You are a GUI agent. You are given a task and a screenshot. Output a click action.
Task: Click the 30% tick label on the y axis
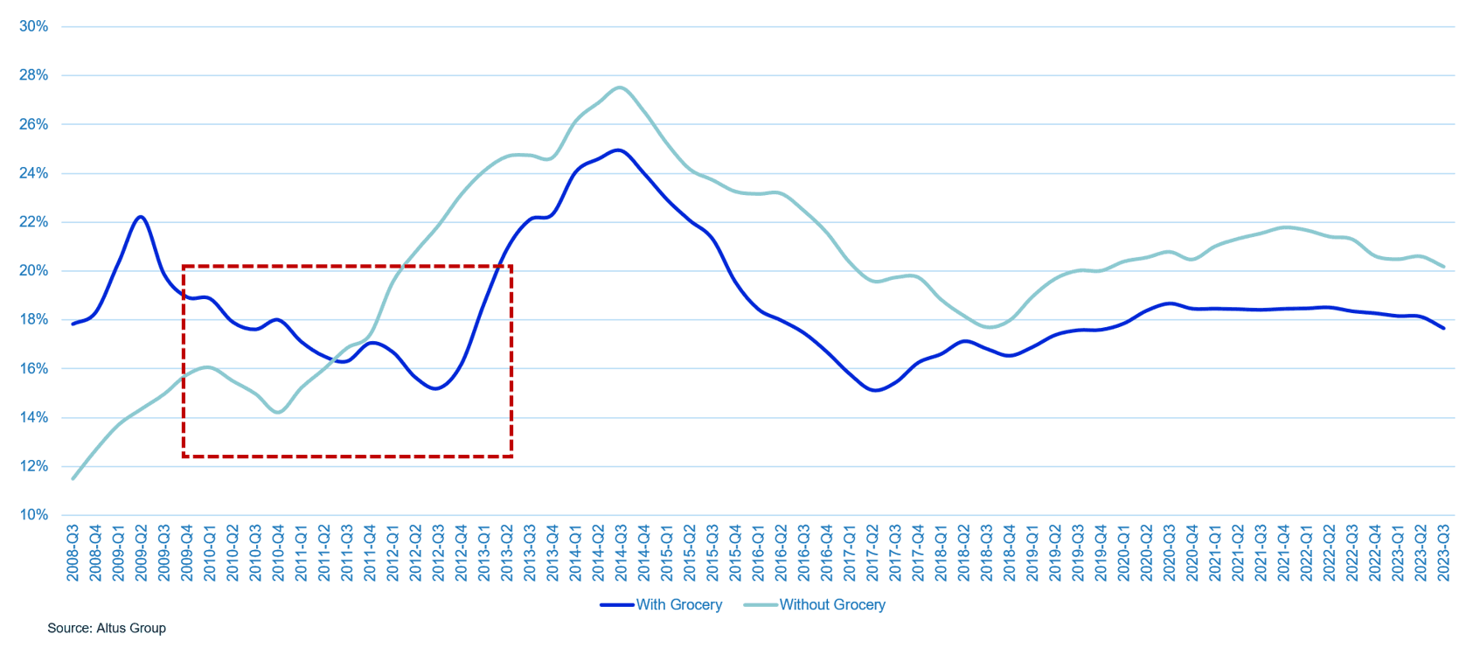[x=33, y=26]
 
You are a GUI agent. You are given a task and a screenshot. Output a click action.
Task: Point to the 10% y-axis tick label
[x=33, y=515]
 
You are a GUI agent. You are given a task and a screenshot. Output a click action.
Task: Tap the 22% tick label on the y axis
[x=33, y=222]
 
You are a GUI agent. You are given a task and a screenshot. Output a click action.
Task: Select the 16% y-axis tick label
[x=33, y=368]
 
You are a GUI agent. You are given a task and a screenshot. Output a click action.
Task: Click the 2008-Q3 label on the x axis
[x=73, y=553]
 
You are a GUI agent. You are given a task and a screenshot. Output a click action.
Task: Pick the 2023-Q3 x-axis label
[x=1443, y=553]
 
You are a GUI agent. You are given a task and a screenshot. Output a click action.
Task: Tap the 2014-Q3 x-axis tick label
[x=622, y=553]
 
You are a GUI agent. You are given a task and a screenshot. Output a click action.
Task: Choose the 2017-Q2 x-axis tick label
[x=872, y=553]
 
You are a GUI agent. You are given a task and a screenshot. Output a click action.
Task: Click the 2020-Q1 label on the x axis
[x=1123, y=553]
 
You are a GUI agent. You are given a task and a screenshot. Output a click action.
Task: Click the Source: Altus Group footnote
[x=107, y=628]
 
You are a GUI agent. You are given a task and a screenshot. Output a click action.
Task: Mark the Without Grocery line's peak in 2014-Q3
[x=620, y=87]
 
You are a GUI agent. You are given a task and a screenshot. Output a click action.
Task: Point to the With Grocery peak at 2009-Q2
[x=141, y=217]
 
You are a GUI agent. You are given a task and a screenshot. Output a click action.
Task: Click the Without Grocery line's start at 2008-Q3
[x=73, y=478]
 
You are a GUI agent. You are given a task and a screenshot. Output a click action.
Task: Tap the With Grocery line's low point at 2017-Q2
[x=875, y=390]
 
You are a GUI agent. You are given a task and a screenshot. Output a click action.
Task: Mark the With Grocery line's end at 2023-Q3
[x=1443, y=328]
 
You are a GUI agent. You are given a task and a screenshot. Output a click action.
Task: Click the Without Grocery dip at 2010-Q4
[x=279, y=412]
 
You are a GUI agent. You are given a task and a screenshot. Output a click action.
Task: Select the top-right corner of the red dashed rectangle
[x=511, y=266]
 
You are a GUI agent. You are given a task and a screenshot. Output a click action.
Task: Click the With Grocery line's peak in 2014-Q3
[x=619, y=150]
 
